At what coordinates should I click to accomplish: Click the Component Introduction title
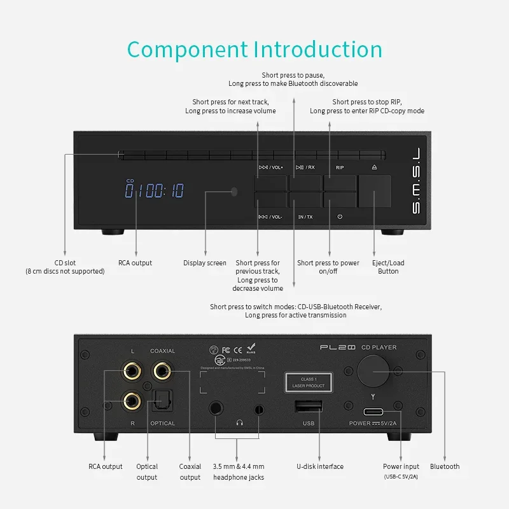point(254,49)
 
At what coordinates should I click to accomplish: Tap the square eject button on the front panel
point(374,190)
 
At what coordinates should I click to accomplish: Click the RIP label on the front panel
point(340,167)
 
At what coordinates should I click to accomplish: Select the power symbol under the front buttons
point(340,217)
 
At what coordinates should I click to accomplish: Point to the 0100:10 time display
point(154,190)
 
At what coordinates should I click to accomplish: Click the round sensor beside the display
point(235,191)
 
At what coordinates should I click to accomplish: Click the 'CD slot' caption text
point(65,263)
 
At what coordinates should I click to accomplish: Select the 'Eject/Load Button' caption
point(388,267)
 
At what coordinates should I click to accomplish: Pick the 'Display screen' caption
point(205,263)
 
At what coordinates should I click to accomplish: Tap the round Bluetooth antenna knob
point(374,369)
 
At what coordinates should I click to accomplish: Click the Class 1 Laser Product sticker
point(309,382)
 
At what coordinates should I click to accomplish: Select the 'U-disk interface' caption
point(321,466)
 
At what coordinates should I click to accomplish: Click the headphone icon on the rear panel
point(240,422)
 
